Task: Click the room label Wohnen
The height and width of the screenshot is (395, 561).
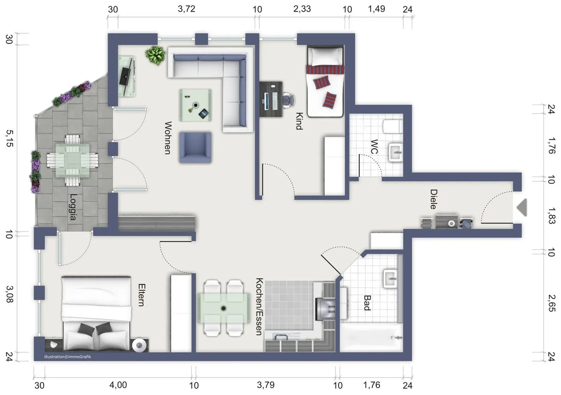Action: (x=168, y=138)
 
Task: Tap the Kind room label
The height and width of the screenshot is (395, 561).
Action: (x=299, y=121)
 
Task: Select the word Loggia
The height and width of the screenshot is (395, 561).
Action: (x=72, y=207)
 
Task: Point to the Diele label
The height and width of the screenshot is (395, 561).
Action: (x=434, y=199)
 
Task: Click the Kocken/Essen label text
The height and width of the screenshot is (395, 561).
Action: (x=259, y=306)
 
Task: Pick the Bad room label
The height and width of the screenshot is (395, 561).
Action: (x=367, y=303)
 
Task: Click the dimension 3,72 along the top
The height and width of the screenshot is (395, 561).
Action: (x=187, y=9)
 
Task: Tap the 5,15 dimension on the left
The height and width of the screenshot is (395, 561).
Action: (x=9, y=138)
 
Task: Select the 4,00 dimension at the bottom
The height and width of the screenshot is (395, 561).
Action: (x=118, y=385)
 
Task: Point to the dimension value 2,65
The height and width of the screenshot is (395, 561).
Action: (x=552, y=303)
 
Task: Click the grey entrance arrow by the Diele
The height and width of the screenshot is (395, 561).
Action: (x=522, y=207)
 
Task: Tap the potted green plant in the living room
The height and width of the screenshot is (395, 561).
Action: (x=155, y=55)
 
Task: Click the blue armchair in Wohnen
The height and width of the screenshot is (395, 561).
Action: (x=195, y=147)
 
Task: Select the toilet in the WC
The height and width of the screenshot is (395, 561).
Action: (x=393, y=127)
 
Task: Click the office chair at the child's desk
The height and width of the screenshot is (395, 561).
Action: (x=289, y=100)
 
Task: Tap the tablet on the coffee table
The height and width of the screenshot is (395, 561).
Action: (x=203, y=114)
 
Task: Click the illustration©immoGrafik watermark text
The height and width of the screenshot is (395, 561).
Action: (x=68, y=357)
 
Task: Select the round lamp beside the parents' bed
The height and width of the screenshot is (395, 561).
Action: (x=139, y=346)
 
